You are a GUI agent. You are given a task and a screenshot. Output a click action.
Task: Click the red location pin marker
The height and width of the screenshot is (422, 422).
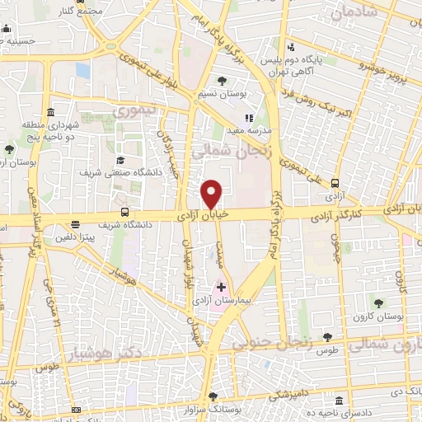point(212,194)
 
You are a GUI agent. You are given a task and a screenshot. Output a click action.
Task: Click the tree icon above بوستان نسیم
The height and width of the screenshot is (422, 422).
point(223,81)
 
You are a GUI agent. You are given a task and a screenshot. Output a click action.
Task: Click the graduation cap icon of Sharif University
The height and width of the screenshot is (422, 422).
point(120,160)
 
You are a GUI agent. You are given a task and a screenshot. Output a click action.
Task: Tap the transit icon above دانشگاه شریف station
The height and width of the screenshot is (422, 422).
point(124,212)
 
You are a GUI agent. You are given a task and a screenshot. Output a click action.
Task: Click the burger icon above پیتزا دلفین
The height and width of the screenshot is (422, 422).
point(75,224)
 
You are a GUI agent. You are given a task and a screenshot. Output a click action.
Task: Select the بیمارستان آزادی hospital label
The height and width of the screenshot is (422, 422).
point(221,302)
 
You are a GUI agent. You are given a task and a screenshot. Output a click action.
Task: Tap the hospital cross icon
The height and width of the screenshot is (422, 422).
point(221,287)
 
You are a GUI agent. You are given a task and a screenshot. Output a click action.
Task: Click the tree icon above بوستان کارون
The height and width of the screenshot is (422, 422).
point(380,303)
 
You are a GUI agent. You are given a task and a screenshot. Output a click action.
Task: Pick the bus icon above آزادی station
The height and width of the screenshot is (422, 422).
point(335,185)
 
